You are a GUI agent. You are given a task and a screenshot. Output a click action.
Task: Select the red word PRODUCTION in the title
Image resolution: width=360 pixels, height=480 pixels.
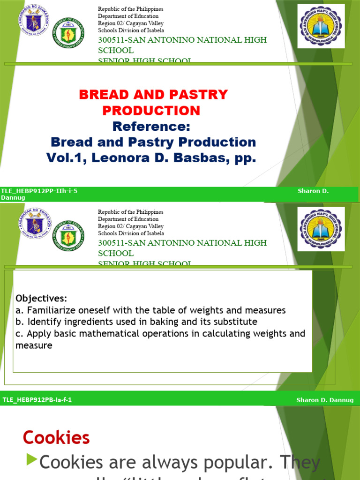[x=151, y=111]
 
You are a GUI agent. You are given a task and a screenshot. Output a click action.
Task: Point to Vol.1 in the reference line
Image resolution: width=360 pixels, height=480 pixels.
[x=66, y=158]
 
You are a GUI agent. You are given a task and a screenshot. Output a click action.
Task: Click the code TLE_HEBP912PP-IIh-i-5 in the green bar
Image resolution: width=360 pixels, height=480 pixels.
[x=40, y=191]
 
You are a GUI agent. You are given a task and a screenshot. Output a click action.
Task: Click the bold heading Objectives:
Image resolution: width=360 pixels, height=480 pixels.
[x=41, y=299]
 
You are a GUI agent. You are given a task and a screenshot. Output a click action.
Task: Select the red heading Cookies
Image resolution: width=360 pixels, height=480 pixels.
[x=56, y=437]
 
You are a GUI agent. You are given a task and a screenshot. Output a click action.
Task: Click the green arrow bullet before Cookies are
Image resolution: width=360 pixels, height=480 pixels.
[x=31, y=461]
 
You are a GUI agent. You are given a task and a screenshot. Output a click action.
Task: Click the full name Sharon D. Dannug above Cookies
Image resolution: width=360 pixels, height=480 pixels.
[x=325, y=400]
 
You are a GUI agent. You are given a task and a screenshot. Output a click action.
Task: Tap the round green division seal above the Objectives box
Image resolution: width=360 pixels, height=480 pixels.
[x=68, y=235]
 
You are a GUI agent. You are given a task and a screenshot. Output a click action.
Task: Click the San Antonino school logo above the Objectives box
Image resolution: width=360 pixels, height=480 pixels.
[x=322, y=228]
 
